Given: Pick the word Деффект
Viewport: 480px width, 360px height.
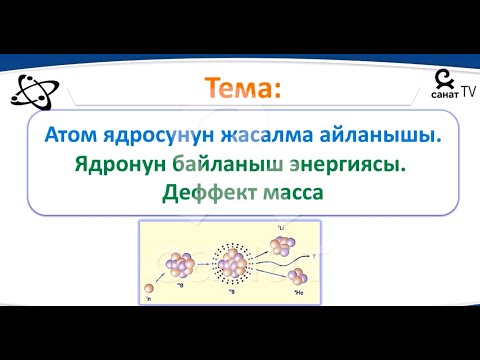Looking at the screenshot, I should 204,193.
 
